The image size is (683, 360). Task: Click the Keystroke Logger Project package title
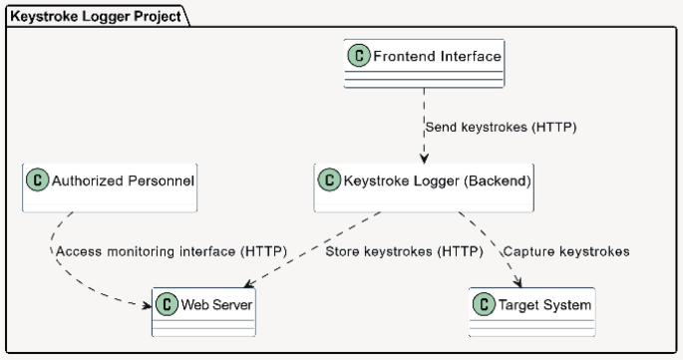pos(88,16)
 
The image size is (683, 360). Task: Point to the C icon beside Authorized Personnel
pos(39,181)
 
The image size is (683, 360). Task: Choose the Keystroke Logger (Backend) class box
pos(425,188)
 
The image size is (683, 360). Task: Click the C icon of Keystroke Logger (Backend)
pos(329,181)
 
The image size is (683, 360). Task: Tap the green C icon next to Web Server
pos(167,304)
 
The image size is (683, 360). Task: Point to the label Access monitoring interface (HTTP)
pos(170,251)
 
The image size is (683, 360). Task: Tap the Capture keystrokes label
pos(566,251)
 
